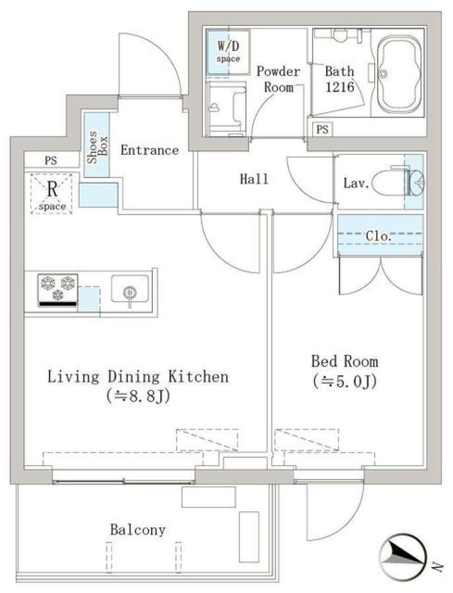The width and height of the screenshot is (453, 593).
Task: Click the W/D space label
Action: click(x=228, y=51)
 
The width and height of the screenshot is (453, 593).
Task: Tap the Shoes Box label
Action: click(x=97, y=147)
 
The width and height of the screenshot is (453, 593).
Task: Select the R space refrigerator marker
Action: click(x=51, y=194)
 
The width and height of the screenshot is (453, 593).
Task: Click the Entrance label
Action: click(x=150, y=150)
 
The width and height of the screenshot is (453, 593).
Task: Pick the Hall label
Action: click(x=254, y=179)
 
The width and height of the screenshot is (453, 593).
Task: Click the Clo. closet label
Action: click(x=378, y=236)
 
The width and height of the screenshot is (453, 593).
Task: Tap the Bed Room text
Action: click(x=344, y=362)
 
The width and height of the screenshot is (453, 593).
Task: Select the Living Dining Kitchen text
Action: click(x=138, y=377)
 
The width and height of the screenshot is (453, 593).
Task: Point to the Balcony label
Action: click(x=137, y=530)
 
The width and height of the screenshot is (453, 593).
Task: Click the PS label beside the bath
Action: click(x=322, y=129)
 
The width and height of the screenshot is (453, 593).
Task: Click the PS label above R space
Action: click(x=51, y=160)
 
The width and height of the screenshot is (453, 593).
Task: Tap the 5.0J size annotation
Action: click(x=344, y=381)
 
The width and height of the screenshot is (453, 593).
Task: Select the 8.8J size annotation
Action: click(x=138, y=396)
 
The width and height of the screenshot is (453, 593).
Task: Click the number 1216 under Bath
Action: click(x=339, y=87)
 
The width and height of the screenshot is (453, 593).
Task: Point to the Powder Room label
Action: click(x=278, y=79)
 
